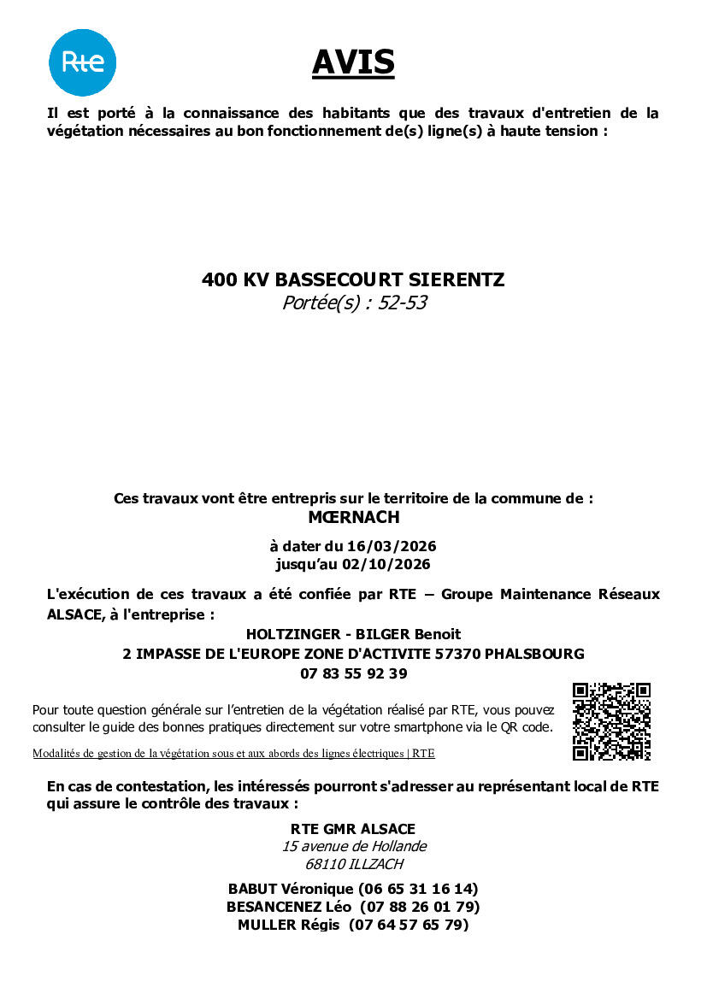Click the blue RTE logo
click(82, 62)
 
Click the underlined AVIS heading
click(353, 62)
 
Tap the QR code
click(611, 721)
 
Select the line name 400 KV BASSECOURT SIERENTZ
click(353, 279)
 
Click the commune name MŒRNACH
click(353, 517)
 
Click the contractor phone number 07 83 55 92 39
click(353, 673)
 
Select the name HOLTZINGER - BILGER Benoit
click(353, 634)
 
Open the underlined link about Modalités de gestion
click(233, 754)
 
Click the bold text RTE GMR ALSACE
click(353, 829)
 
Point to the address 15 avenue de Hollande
click(354, 847)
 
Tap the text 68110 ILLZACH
click(354, 864)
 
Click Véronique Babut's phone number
click(419, 889)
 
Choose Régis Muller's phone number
click(409, 925)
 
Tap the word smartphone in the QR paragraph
click(421, 727)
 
